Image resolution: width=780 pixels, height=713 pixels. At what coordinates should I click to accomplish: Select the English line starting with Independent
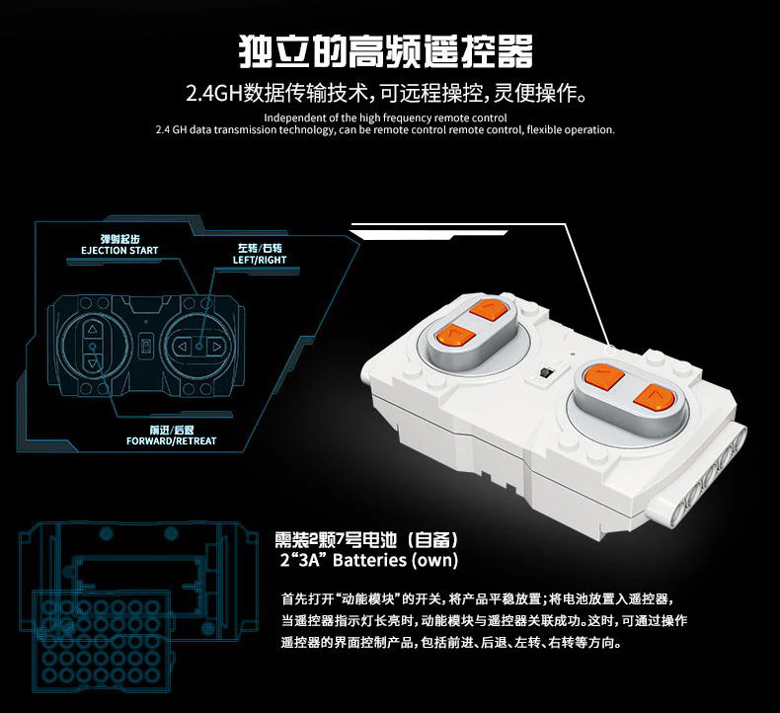(386, 118)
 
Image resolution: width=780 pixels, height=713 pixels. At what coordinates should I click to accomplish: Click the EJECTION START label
(119, 251)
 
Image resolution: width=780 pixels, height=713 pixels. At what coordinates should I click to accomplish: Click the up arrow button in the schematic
(92, 330)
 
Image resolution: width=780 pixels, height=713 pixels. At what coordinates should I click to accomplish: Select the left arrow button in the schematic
(181, 347)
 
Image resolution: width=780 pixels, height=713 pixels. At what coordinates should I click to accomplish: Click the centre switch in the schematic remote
(145, 347)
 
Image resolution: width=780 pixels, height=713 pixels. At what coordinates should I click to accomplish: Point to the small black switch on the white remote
(545, 373)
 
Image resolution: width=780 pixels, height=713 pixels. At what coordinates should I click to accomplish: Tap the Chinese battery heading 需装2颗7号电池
(366, 540)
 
